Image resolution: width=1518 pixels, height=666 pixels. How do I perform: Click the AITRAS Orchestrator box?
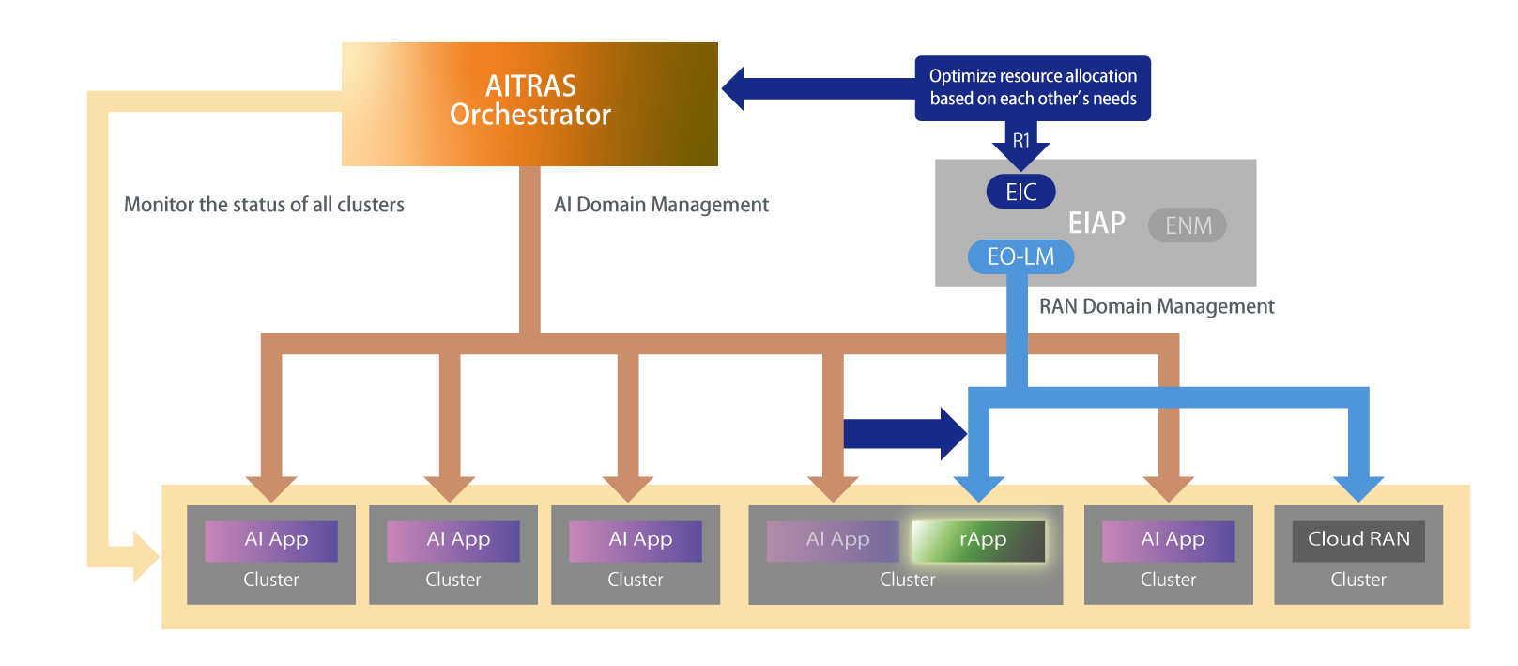click(529, 103)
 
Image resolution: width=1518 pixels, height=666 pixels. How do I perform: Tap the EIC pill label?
click(1020, 192)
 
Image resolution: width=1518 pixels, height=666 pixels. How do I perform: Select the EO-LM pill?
click(1020, 256)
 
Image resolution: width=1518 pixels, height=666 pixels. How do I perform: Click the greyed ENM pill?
click(1188, 225)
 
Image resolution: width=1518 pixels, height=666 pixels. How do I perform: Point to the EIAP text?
click(1096, 223)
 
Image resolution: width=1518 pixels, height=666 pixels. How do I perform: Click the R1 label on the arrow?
click(1021, 141)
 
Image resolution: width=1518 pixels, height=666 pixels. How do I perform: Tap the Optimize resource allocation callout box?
click(1033, 87)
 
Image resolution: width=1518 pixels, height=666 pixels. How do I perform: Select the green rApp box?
click(978, 540)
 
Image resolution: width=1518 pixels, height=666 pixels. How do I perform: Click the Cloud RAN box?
click(1357, 540)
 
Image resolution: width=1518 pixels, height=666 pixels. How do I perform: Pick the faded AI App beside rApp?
click(834, 540)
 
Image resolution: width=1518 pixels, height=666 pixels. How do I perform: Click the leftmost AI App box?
click(271, 540)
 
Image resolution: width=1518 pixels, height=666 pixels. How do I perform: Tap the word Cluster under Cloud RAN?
click(1357, 580)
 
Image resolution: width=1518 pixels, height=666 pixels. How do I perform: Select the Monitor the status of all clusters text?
click(264, 205)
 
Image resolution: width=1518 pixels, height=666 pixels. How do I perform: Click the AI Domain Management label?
click(661, 205)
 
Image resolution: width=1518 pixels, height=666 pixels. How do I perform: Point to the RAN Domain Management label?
click(1157, 306)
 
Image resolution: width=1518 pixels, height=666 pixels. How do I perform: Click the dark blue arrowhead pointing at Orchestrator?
click(734, 88)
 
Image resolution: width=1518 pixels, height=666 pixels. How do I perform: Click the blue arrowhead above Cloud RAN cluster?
click(1358, 488)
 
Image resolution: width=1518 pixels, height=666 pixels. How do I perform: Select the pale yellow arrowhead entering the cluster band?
click(146, 556)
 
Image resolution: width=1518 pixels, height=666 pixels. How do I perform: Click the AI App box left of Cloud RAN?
click(1168, 540)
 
